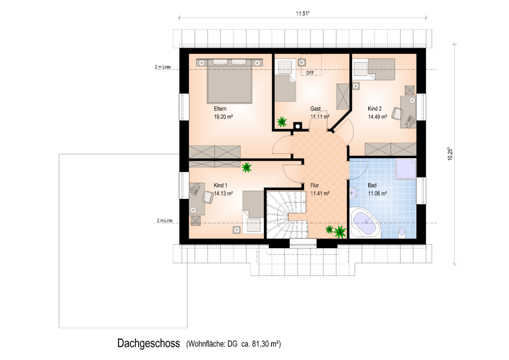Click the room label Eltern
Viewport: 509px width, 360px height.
coord(220,109)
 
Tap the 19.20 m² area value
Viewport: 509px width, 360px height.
coord(223,117)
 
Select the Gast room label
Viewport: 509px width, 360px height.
coord(315,109)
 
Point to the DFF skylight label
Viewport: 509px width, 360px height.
coord(310,73)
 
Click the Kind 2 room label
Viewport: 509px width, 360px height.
coord(375,109)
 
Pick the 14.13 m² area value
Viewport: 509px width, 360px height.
coord(223,193)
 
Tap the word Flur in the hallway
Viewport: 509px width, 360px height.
coord(315,186)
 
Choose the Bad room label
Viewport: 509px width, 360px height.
coord(372,186)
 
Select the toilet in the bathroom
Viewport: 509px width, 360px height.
coord(402,232)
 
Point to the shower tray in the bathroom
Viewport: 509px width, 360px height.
coord(405,169)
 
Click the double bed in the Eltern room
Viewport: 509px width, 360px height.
coord(229,81)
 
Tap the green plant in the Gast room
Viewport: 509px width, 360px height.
coord(282,122)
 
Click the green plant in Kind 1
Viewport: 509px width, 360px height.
coord(247,167)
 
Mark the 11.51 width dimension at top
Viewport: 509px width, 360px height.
coord(302,14)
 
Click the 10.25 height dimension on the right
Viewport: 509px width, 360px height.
coord(450,154)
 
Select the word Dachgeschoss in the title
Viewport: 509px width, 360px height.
coord(148,343)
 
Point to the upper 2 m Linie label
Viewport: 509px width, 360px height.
coord(163,67)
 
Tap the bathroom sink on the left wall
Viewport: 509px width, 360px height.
coord(353,193)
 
